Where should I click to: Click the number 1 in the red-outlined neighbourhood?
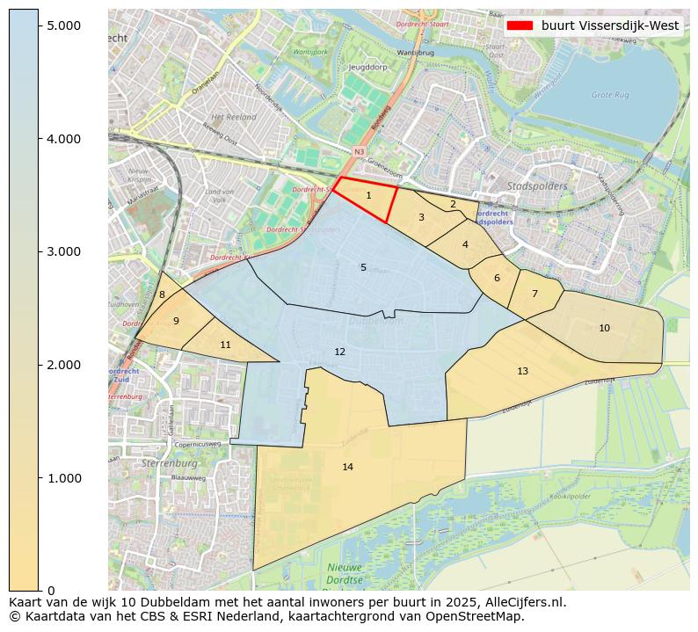(x=368, y=196)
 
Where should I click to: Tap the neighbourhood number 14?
(x=347, y=467)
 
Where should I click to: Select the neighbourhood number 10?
(x=604, y=328)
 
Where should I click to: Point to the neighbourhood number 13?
(x=522, y=371)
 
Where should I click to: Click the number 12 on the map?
(x=339, y=352)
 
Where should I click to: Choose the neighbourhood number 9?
(x=176, y=321)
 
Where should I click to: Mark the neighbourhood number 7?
(x=534, y=294)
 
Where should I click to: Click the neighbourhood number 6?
(x=497, y=278)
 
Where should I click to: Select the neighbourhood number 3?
(x=421, y=217)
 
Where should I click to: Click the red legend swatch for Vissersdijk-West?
(x=520, y=25)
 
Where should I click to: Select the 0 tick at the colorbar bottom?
(x=51, y=591)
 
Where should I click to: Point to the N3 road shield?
(x=359, y=152)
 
